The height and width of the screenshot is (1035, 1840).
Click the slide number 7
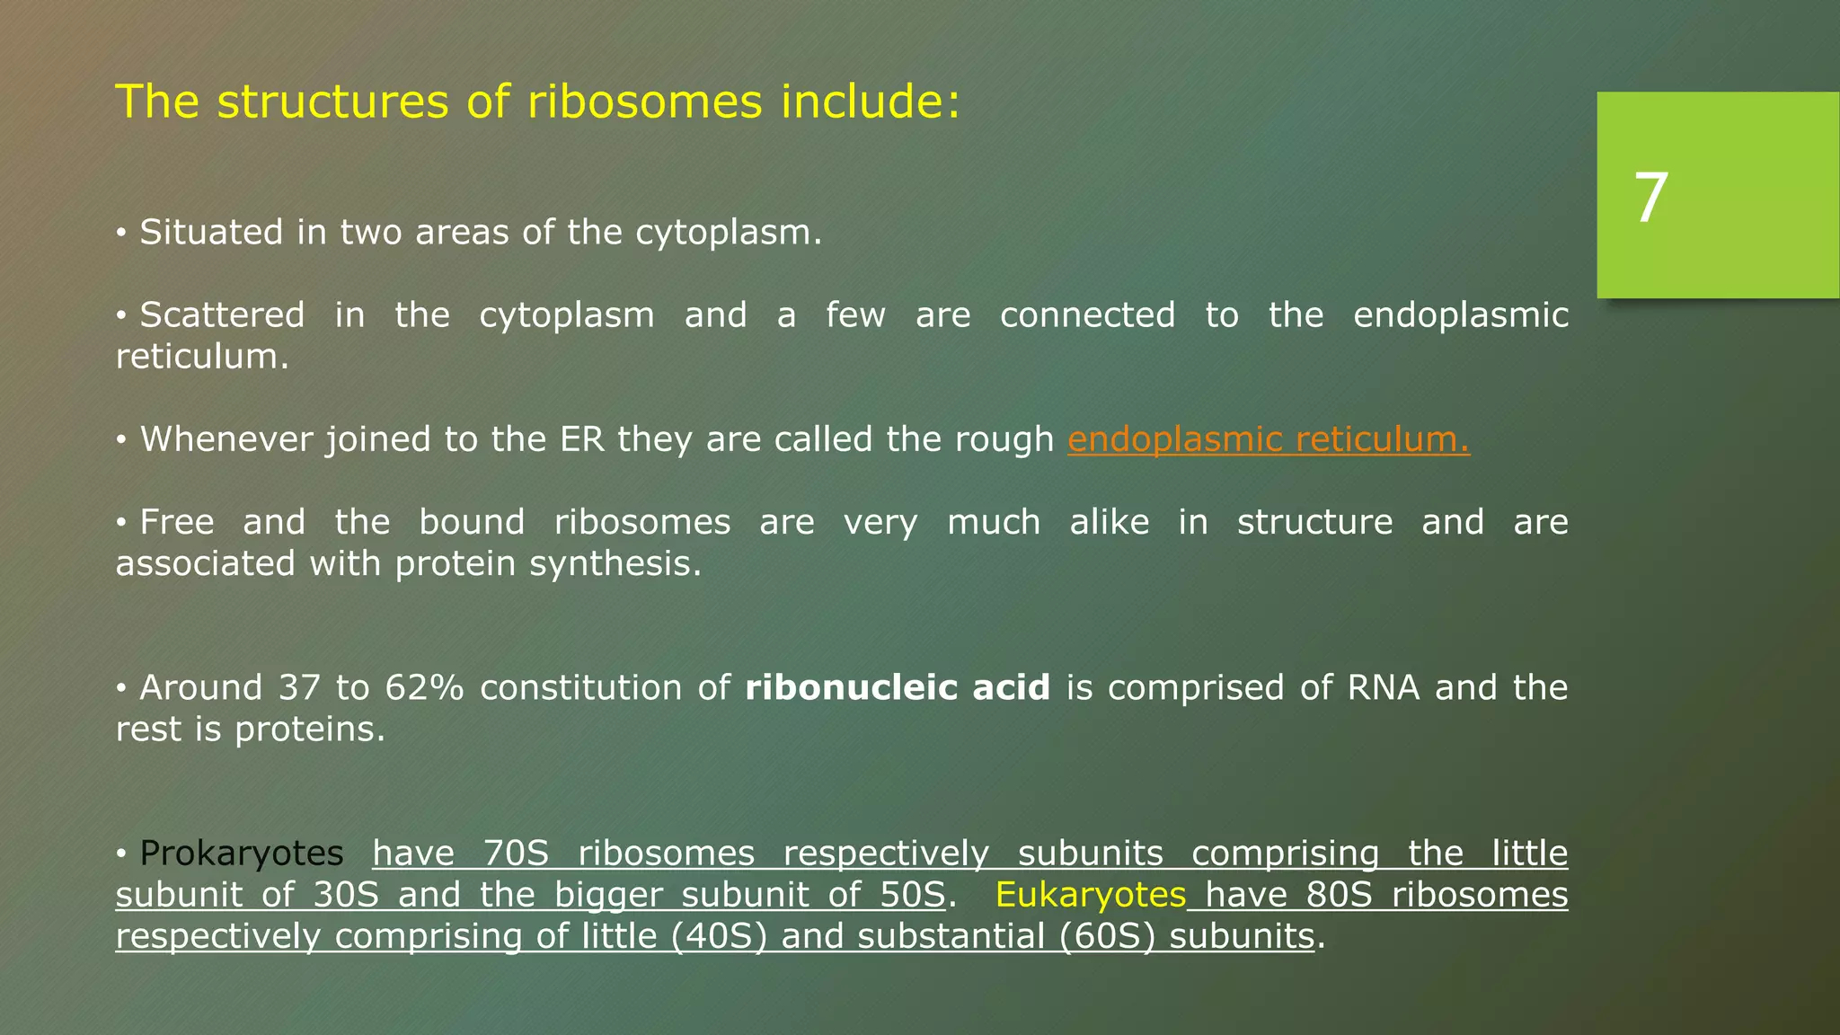1650,199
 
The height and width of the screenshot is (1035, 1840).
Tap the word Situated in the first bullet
212,233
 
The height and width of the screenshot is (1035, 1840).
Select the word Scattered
222,315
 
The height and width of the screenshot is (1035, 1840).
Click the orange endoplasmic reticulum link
1268,439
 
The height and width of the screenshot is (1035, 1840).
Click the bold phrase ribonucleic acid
898,688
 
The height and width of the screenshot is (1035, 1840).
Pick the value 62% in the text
424,688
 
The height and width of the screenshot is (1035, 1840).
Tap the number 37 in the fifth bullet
299,688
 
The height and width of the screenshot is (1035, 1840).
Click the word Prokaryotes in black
241,854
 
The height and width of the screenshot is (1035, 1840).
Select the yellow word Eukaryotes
1091,895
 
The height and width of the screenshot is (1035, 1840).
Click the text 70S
517,854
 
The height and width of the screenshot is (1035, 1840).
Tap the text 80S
1340,895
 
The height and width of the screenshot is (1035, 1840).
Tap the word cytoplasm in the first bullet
729,233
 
